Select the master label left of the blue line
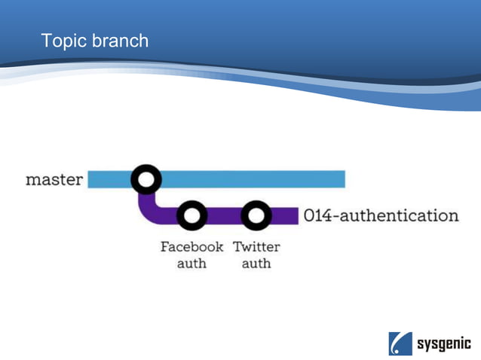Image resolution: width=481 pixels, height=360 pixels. [54, 180]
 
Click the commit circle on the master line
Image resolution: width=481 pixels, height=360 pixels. [146, 179]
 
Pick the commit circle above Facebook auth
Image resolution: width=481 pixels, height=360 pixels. [191, 216]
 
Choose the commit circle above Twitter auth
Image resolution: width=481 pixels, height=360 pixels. [256, 216]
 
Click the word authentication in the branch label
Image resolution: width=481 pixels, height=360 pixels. [400, 216]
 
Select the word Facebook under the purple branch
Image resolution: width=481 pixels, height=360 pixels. [191, 247]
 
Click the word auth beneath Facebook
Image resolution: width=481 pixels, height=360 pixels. [191, 264]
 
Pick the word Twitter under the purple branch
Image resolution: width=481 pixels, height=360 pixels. [256, 247]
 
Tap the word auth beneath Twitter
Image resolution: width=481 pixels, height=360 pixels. [256, 264]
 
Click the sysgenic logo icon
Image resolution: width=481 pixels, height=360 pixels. [400, 343]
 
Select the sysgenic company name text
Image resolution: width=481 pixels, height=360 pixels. [444, 344]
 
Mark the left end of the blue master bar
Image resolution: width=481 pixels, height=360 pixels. [91, 179]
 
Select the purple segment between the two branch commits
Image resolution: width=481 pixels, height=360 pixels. [224, 216]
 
